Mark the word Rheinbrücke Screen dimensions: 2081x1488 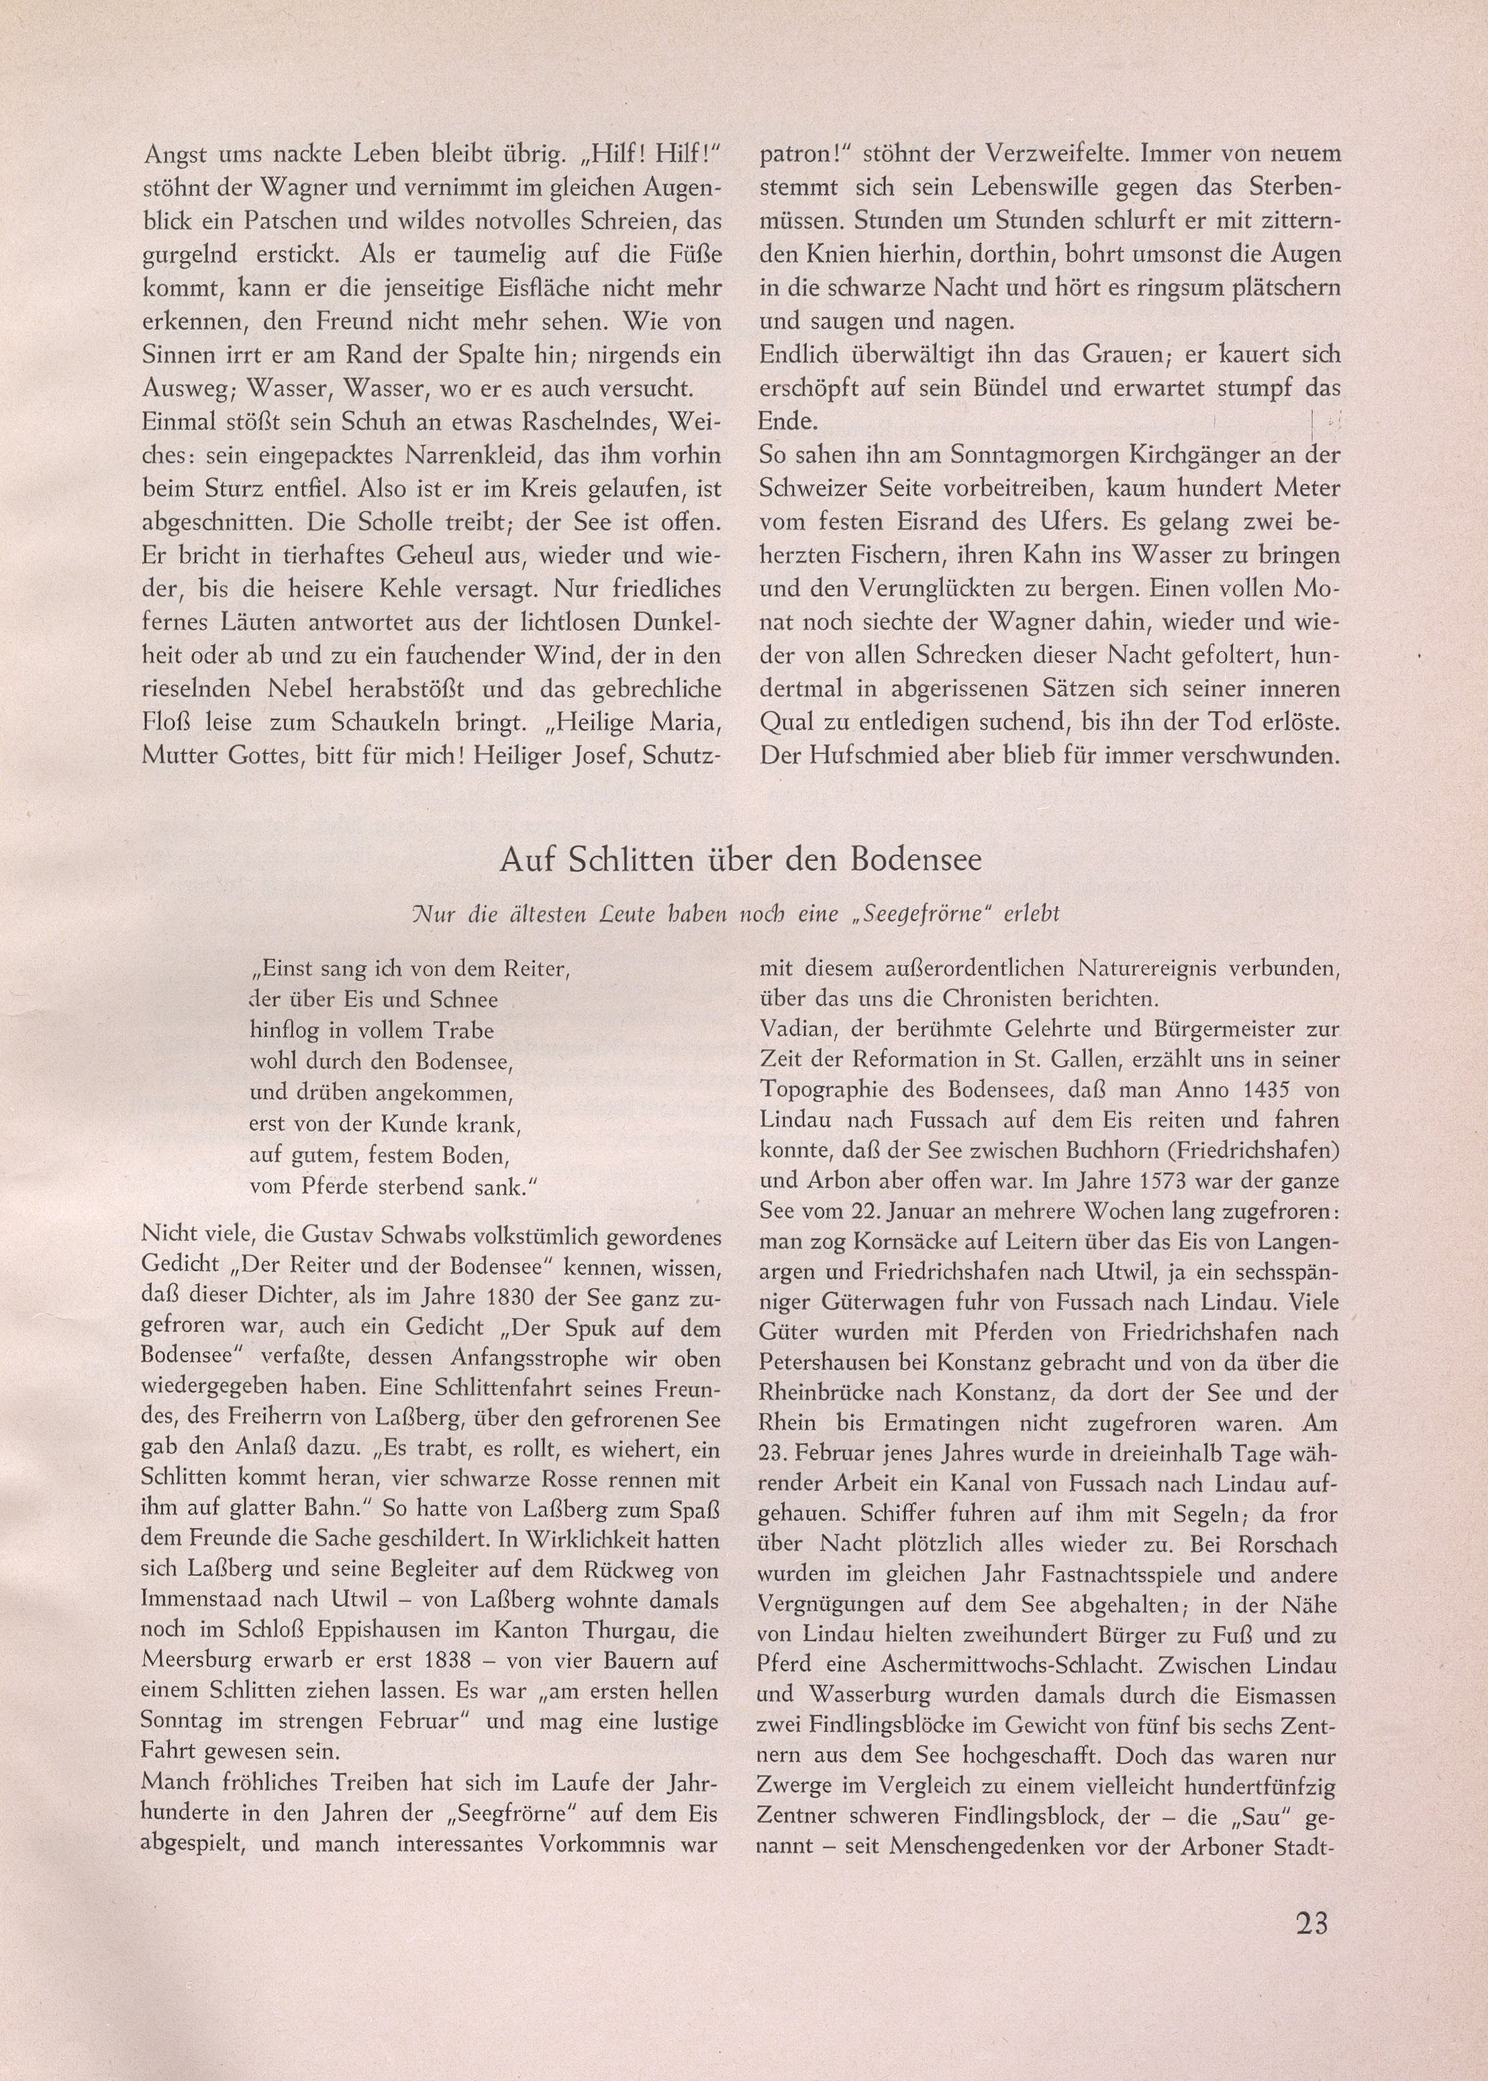pos(832,1393)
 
